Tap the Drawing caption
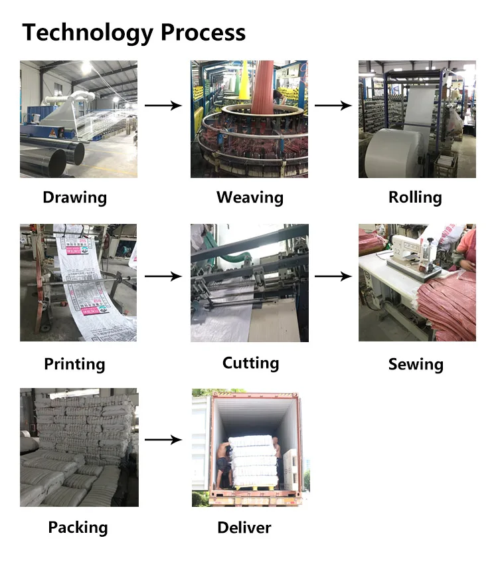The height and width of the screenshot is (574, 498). click(74, 197)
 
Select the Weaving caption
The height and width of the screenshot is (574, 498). click(250, 197)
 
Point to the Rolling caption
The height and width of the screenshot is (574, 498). click(415, 197)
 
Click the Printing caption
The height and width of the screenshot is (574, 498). click(74, 364)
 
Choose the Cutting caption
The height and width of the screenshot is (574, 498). click(250, 363)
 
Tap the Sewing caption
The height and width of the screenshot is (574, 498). click(416, 364)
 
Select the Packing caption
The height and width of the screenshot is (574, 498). click(78, 527)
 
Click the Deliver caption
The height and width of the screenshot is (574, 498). click(244, 528)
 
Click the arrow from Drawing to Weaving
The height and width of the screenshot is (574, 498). click(163, 106)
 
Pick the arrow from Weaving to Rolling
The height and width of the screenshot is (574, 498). click(333, 106)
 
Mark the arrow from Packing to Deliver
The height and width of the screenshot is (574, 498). click(163, 440)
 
